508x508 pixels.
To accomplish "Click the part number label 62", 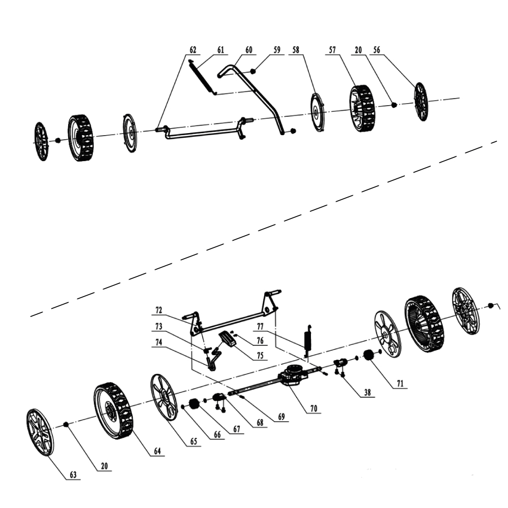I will [193, 50].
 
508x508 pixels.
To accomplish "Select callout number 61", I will [220, 50].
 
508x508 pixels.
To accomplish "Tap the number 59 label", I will [277, 50].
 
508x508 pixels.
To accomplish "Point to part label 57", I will [332, 50].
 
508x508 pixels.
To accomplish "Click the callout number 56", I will [376, 50].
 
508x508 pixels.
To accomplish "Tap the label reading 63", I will [73, 475].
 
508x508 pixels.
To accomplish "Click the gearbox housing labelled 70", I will [294, 377].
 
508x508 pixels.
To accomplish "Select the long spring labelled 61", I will [201, 76].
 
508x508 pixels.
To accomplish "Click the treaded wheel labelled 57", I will [362, 108].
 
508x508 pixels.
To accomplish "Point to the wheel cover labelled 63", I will [40, 432].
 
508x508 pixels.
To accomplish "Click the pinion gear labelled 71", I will [369, 358].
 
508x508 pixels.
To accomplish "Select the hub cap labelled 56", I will [421, 102].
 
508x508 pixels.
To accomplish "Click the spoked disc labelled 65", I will [164, 397].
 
